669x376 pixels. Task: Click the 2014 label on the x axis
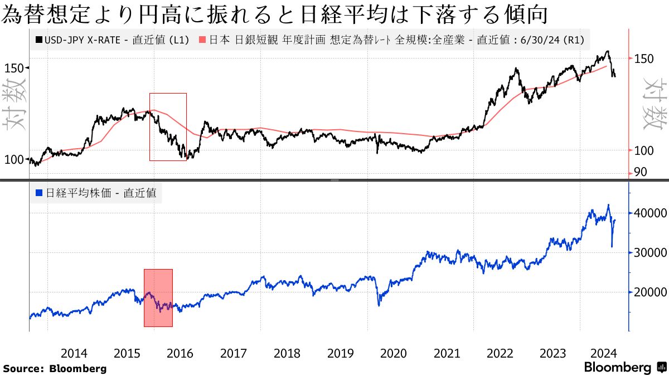point(74,353)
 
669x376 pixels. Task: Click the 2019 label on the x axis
point(340,353)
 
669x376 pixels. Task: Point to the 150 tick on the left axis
point(14,67)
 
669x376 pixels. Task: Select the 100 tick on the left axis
point(14,159)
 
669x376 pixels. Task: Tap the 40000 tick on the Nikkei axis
point(647,213)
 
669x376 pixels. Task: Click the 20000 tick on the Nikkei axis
point(647,292)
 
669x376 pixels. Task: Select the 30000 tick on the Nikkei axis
point(647,252)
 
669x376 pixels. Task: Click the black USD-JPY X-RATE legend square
point(38,40)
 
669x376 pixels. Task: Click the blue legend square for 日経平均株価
point(38,193)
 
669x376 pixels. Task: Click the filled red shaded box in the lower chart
point(158,298)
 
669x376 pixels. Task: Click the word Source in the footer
point(21,368)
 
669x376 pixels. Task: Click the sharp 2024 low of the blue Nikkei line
point(612,247)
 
